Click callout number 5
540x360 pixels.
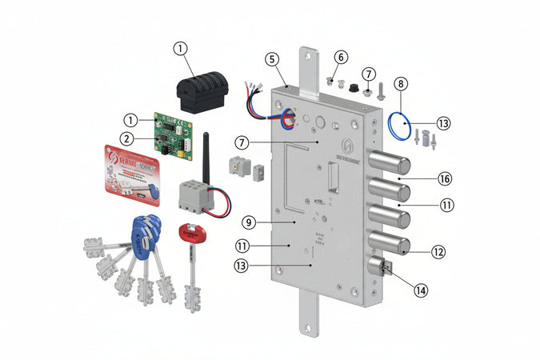(272, 58)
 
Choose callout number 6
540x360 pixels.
(341, 58)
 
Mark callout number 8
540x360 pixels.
(401, 83)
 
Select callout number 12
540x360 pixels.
(438, 251)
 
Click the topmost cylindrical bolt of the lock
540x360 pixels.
(392, 166)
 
